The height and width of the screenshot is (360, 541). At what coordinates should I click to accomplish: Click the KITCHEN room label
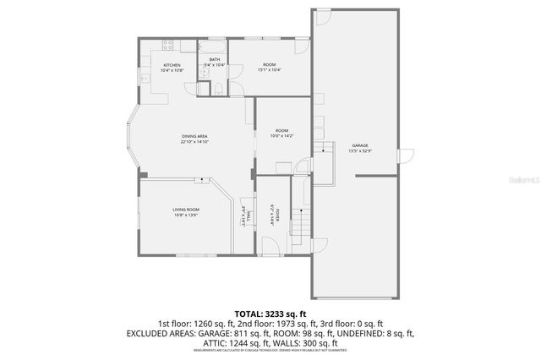click(172, 65)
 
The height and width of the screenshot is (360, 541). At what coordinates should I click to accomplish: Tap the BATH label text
click(214, 59)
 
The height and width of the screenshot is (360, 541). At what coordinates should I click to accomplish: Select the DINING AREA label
click(194, 136)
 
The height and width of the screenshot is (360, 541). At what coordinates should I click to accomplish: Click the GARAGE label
click(360, 145)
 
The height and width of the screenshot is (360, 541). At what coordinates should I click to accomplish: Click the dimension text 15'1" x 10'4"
click(269, 70)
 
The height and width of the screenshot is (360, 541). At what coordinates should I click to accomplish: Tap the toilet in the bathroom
click(218, 90)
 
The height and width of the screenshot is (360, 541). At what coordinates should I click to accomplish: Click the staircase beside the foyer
click(301, 223)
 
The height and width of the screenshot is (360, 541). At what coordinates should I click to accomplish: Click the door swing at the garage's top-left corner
click(322, 16)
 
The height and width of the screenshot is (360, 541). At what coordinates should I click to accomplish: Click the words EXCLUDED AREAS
click(158, 334)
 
